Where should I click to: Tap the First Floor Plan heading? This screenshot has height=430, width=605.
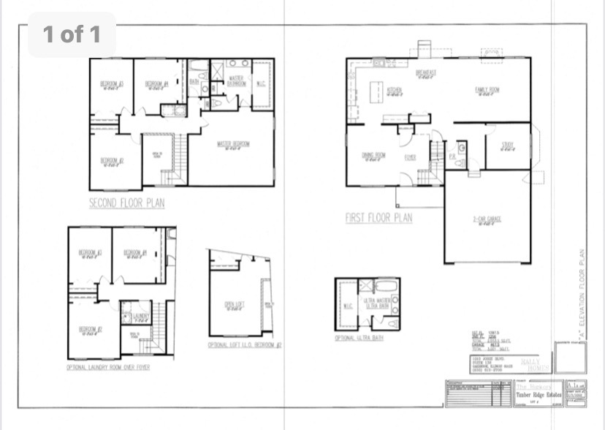click(378, 217)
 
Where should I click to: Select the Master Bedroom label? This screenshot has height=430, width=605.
click(233, 144)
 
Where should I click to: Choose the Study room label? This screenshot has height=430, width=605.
click(508, 146)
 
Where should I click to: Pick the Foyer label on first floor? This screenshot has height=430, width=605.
click(410, 156)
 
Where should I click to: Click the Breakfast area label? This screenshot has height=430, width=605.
click(426, 73)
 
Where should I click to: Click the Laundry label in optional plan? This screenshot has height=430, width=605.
click(141, 316)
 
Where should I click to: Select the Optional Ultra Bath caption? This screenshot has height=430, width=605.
click(359, 338)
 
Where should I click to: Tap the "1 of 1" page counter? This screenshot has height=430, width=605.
click(72, 34)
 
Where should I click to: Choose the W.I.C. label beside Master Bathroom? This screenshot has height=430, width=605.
click(261, 83)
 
